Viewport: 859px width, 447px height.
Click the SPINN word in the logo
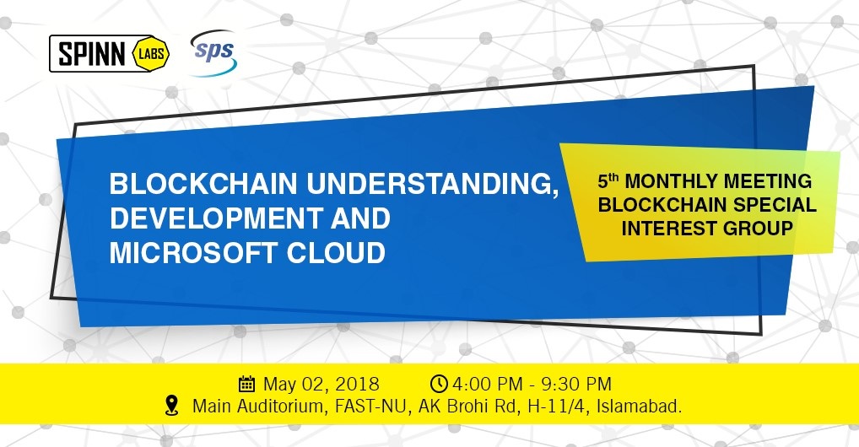91,54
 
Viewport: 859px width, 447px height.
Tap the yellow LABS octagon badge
151,54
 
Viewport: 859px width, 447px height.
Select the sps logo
213,52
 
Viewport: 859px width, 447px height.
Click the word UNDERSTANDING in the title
432,184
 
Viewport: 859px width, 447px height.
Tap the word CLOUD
337,253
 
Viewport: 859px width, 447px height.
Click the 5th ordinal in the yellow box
608,180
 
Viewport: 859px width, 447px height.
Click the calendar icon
247,384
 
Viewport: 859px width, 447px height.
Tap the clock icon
440,384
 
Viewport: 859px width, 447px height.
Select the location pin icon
172,406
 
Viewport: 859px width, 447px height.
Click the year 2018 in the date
357,384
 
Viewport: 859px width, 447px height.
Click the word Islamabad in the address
639,407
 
